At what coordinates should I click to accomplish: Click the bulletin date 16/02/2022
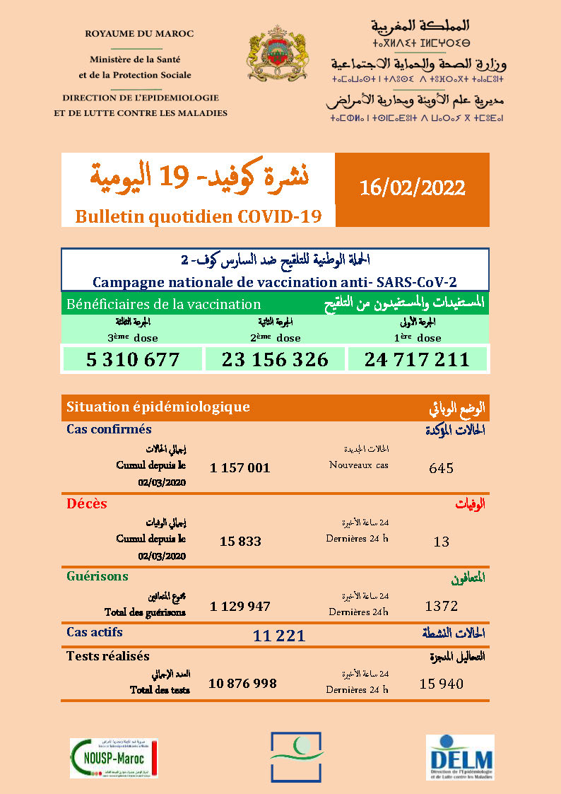[x=412, y=188]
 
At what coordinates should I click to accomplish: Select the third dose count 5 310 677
[x=133, y=359]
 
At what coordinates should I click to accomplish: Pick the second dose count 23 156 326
[x=275, y=359]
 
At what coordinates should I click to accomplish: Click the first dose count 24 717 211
[x=417, y=359]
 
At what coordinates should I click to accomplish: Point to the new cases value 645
[x=441, y=468]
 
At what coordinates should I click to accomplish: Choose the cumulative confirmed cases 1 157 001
[x=240, y=468]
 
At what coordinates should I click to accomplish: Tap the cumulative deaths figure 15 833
[x=240, y=542]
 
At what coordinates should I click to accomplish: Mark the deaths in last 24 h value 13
[x=441, y=542]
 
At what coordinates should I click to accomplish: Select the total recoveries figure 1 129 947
[x=240, y=607]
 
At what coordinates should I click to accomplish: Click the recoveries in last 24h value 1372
[x=442, y=606]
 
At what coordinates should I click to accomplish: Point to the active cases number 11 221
[x=279, y=636]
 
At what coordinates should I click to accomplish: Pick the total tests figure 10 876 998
[x=242, y=683]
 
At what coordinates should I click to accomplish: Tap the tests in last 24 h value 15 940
[x=441, y=683]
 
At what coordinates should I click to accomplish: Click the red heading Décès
[x=86, y=504]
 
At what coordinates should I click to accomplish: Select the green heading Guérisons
[x=97, y=576]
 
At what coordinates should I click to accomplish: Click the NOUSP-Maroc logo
[x=114, y=758]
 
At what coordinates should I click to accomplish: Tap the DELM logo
[x=459, y=757]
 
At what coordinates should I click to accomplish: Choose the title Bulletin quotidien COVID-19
[x=199, y=216]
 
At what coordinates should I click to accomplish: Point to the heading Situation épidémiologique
[x=158, y=407]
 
